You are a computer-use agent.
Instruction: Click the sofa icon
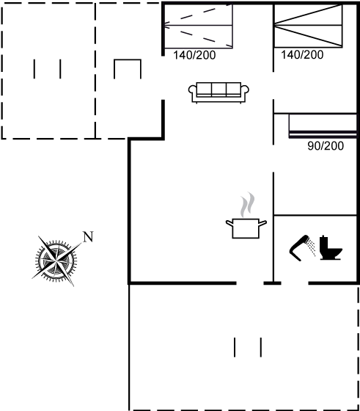pos(218,92)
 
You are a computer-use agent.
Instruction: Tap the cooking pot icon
pos(246,228)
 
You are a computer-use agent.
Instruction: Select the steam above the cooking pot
pos(247,205)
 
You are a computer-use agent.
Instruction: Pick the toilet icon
pos(331,248)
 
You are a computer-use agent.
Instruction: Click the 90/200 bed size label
pos(326,146)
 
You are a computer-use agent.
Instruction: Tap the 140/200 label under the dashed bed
pos(194,55)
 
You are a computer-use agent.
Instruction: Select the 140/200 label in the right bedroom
pos(302,55)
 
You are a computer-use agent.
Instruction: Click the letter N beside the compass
pos(88,237)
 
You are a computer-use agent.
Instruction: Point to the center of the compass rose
pos(56,261)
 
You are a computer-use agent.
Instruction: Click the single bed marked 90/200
pos(323,126)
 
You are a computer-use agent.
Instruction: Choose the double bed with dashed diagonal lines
pos(198,26)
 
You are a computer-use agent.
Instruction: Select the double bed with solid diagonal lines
pos(308,26)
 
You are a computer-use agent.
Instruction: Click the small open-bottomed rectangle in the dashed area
pos(128,60)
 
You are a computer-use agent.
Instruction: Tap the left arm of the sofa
pos(192,92)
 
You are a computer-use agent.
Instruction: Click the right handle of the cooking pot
pos(262,223)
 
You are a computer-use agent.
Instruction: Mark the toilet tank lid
pos(324,237)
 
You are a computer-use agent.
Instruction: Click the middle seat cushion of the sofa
pos(218,89)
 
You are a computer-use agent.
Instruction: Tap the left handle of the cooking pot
pos(229,223)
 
